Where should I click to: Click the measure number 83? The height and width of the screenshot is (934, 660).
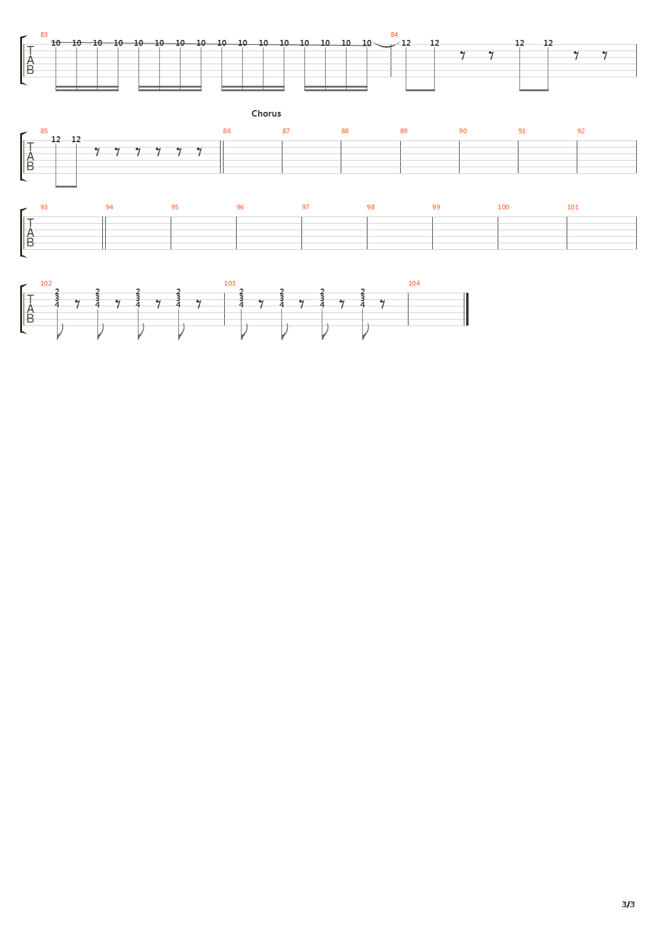(x=43, y=35)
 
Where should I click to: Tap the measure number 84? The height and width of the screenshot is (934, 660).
(x=394, y=35)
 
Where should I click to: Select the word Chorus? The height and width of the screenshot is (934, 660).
(x=266, y=114)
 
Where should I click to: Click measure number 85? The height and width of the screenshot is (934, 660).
(x=43, y=131)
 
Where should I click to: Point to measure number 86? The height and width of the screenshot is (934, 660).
(x=227, y=131)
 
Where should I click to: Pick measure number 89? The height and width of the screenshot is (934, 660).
(x=404, y=131)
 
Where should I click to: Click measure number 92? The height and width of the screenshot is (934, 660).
(x=581, y=131)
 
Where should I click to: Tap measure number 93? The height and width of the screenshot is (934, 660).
(x=43, y=207)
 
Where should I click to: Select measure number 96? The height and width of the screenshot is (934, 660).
(x=240, y=207)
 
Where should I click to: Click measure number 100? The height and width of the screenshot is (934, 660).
(x=503, y=207)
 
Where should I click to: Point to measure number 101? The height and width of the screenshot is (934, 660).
(x=573, y=207)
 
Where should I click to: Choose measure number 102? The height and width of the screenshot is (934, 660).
(x=46, y=283)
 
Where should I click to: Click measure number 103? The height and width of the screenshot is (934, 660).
(x=230, y=283)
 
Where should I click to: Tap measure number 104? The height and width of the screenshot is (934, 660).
(x=414, y=283)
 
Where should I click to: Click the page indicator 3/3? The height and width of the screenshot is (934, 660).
(x=628, y=904)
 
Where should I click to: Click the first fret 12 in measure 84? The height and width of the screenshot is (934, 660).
(x=406, y=43)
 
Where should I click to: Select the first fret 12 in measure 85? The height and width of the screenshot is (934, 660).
(x=56, y=139)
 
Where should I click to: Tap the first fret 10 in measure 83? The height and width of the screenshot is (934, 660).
(x=56, y=43)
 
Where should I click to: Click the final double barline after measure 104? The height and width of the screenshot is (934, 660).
(x=467, y=309)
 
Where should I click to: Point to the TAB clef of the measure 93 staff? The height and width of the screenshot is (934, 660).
(x=30, y=233)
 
